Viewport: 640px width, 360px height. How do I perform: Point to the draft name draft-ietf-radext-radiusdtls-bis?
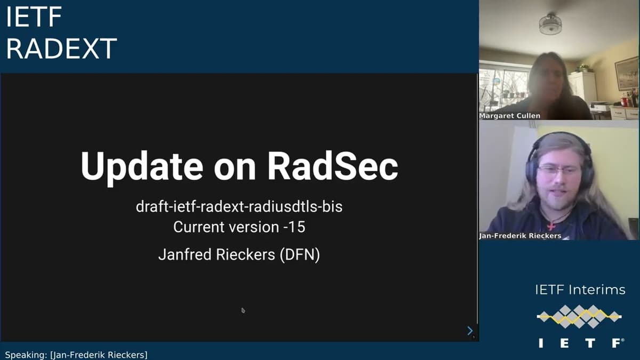(239, 206)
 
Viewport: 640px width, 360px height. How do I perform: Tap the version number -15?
(294, 227)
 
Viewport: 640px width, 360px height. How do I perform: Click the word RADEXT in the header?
(61, 50)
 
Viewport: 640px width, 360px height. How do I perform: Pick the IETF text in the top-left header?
(34, 18)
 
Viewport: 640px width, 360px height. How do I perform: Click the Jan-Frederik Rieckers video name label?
(521, 236)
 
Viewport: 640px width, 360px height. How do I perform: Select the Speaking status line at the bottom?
(76, 355)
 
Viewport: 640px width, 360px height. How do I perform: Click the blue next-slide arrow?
(470, 331)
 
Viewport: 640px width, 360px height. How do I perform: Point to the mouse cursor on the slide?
(243, 310)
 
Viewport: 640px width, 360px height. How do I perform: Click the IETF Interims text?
(580, 290)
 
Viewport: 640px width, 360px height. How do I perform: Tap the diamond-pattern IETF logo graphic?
(579, 317)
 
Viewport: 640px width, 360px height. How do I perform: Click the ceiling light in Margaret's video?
(550, 24)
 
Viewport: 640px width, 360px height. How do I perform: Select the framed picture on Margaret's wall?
(626, 73)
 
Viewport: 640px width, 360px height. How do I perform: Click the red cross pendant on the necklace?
(551, 226)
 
